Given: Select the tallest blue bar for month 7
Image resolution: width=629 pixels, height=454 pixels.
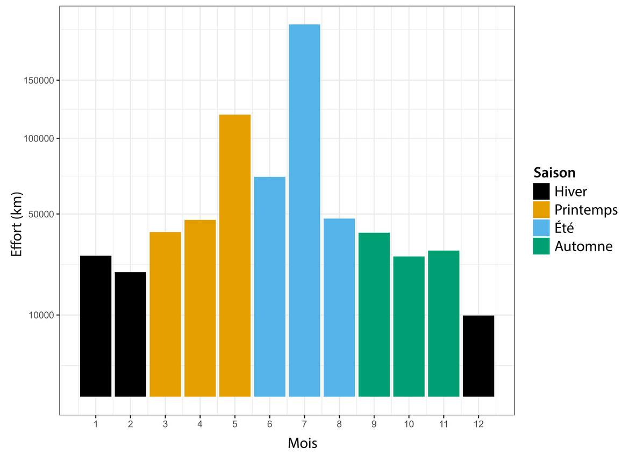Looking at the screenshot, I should click(304, 210).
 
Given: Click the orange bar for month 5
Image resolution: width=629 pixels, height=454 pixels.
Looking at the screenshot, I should click(235, 256).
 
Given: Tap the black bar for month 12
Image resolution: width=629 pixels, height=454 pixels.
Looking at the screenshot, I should click(478, 356).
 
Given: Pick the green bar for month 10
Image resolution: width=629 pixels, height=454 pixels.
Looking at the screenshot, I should click(409, 327).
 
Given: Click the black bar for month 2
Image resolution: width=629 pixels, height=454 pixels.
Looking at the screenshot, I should click(131, 335).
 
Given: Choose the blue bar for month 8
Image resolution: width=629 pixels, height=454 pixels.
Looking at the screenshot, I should click(339, 308).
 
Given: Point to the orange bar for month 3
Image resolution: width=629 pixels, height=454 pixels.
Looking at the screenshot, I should click(165, 314).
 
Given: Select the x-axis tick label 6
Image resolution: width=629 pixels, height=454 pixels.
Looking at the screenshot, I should click(269, 424).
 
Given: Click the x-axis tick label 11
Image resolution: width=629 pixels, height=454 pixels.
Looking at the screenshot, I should click(444, 424).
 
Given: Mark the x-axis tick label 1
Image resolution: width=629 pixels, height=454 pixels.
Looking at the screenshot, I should click(96, 424).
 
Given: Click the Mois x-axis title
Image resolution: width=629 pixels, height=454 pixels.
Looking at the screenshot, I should click(302, 444).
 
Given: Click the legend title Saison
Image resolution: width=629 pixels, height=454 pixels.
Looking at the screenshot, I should click(554, 173).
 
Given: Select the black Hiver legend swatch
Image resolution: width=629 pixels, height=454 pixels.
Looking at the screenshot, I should click(541, 191).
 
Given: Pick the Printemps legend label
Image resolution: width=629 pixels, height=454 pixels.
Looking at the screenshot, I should click(586, 209).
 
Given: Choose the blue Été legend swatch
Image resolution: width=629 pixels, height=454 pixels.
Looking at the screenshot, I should click(541, 228).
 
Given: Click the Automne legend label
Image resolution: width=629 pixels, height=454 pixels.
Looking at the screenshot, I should click(583, 246).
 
